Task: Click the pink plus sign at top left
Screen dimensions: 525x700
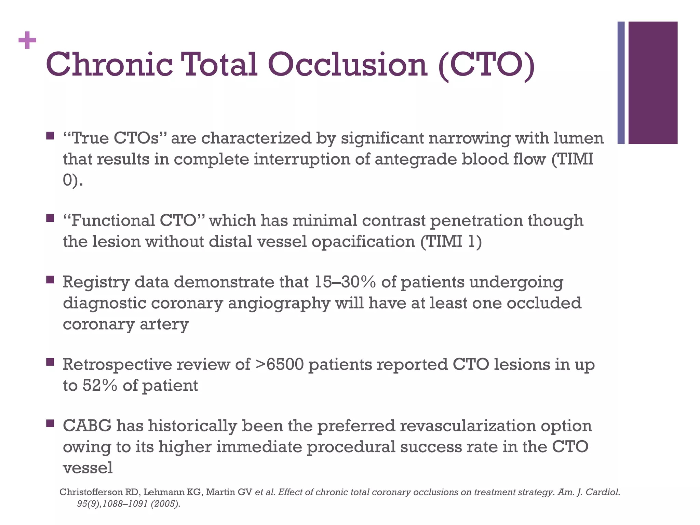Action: (27, 41)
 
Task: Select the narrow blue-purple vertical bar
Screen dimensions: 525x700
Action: (621, 83)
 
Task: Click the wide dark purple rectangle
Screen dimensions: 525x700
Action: (653, 83)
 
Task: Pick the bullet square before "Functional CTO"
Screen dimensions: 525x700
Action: (50, 218)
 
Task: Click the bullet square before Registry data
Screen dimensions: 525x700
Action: (50, 280)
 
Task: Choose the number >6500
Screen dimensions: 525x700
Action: (279, 365)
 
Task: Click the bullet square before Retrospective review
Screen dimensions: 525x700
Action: (50, 362)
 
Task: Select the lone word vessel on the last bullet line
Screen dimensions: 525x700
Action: (88, 468)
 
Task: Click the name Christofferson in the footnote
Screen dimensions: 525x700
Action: (91, 493)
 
